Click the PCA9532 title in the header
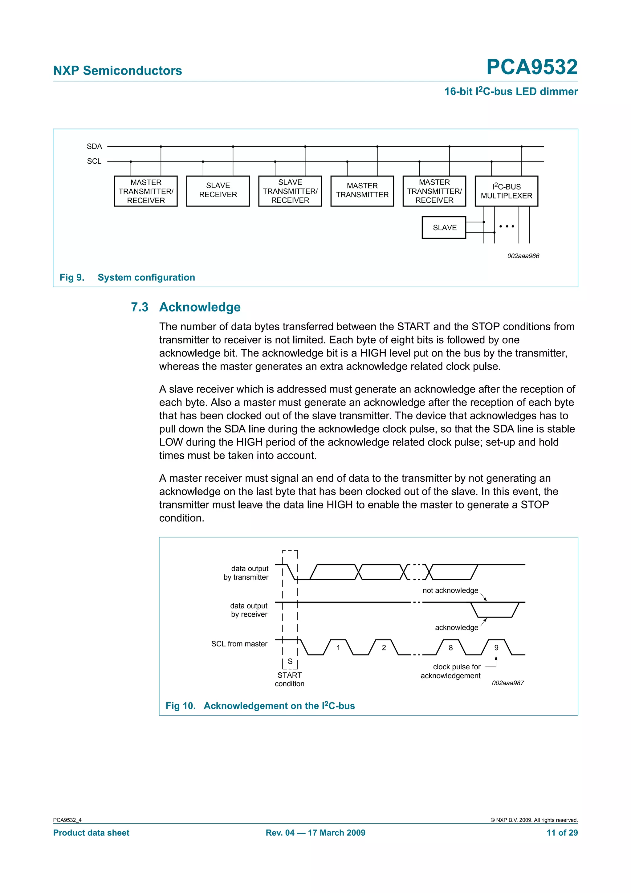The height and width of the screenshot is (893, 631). tap(531, 67)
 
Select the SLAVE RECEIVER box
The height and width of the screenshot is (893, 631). tap(218, 190)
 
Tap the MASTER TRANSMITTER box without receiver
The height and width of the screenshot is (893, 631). tap(362, 190)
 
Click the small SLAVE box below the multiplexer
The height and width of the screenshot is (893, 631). tap(444, 227)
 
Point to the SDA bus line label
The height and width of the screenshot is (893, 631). tap(94, 147)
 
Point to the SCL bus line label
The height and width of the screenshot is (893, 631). tap(94, 161)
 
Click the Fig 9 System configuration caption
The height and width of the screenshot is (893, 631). tap(127, 277)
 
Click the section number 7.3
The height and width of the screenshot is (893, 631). tap(139, 307)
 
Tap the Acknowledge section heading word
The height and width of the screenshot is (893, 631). tap(200, 307)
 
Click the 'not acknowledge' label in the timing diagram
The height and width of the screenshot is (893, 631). tap(450, 590)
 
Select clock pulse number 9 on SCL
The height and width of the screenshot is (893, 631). tap(496, 648)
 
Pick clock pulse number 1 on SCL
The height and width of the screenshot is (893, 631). tap(338, 648)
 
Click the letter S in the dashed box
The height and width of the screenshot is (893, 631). tap(290, 661)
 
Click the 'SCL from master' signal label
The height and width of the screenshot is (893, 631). tap(239, 644)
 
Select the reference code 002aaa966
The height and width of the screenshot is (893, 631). tap(523, 256)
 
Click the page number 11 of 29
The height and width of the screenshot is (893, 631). tap(562, 833)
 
